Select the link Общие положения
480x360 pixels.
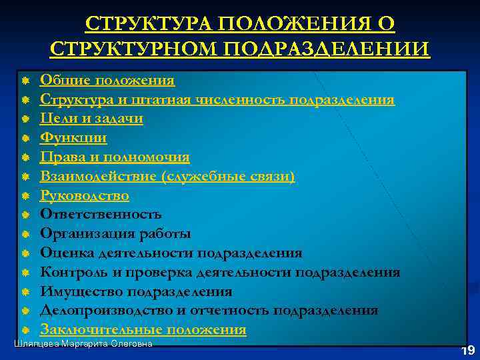pos(107,81)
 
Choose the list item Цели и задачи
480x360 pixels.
pos(91,119)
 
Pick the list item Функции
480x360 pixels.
pos(73,138)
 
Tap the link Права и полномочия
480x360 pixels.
pos(115,157)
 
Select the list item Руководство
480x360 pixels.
pos(85,196)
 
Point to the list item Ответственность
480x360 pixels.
pos(101,215)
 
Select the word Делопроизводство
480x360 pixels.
pos(109,311)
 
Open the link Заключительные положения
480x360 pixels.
pos(143,330)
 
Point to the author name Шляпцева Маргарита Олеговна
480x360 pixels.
pos(83,343)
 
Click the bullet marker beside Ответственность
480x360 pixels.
pos(24,215)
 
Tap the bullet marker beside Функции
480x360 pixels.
pos(24,139)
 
